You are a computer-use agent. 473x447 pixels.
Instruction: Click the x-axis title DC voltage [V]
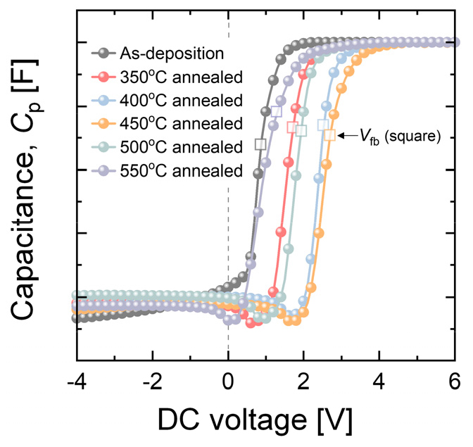click(x=265, y=422)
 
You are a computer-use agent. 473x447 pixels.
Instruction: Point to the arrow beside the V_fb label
click(x=346, y=135)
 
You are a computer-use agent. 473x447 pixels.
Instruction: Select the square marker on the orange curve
click(x=329, y=134)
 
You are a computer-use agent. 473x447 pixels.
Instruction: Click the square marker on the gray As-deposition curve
click(x=260, y=144)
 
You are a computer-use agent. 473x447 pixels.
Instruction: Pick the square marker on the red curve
click(x=293, y=127)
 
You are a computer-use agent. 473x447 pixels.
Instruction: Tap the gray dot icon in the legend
click(x=103, y=53)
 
